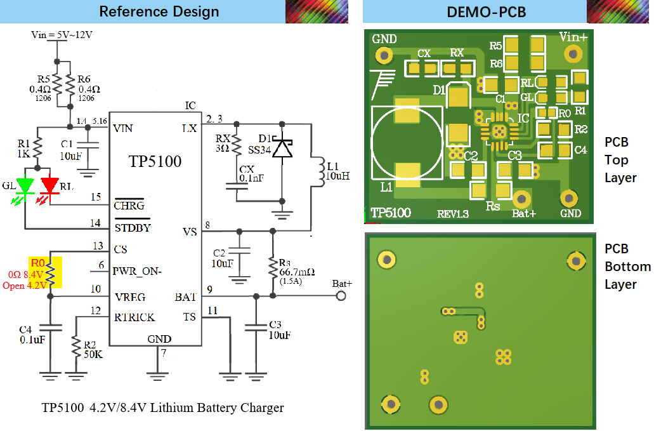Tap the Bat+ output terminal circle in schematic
pyautogui.click(x=341, y=296)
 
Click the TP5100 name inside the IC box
pyautogui.click(x=155, y=161)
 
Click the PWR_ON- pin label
pyautogui.click(x=137, y=271)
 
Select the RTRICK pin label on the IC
pyautogui.click(x=134, y=317)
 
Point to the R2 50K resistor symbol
pyautogui.click(x=75, y=347)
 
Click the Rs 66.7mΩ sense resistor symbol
pyautogui.click(x=273, y=270)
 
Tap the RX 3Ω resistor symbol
pyautogui.click(x=237, y=144)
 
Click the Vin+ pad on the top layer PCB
pyautogui.click(x=573, y=54)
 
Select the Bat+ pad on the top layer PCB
pyautogui.click(x=521, y=199)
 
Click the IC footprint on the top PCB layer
pyautogui.click(x=499, y=131)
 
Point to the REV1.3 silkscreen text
pyautogui.click(x=452, y=215)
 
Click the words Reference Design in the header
pyautogui.click(x=159, y=11)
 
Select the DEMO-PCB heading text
pyautogui.click(x=487, y=12)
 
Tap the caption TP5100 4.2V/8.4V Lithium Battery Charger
pyautogui.click(x=162, y=408)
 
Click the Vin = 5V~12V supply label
pyautogui.click(x=62, y=35)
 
